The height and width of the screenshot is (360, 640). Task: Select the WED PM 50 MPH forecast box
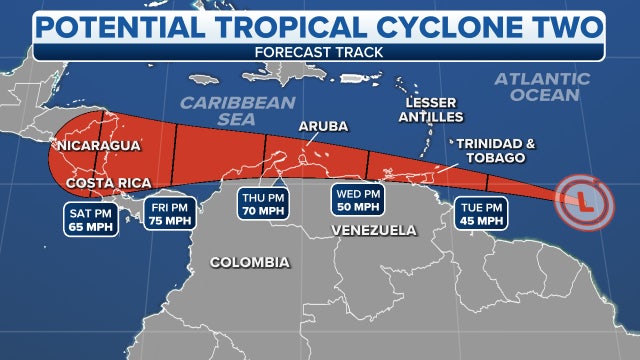358,204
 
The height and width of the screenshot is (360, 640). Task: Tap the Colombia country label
250,263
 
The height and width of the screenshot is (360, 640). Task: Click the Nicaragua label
97,146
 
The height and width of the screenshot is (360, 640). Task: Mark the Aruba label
322,126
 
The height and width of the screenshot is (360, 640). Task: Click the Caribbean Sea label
238,110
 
